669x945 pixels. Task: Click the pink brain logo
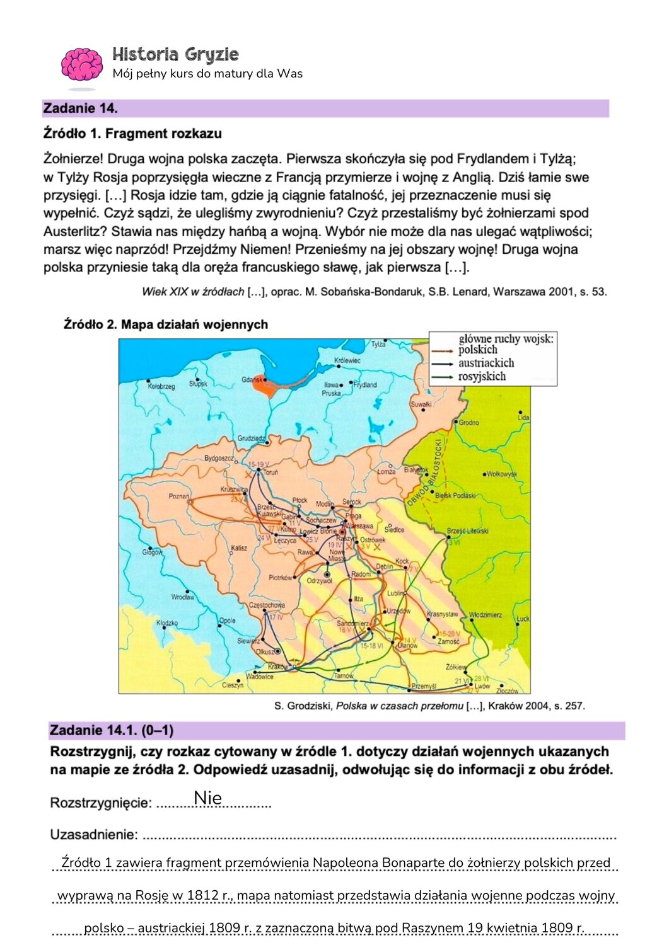click(81, 64)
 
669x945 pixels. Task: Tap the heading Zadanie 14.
click(80, 108)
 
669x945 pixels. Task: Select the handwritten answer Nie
click(207, 798)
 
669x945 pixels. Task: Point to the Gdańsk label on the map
click(252, 380)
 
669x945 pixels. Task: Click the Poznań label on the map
click(179, 496)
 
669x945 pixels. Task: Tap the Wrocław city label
click(182, 597)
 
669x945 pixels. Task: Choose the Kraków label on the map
click(277, 667)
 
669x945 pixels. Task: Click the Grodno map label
click(468, 422)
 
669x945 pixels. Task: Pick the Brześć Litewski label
click(467, 531)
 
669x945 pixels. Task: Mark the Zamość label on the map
click(448, 641)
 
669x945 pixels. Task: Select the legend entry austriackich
click(486, 363)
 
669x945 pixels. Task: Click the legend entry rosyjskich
click(482, 377)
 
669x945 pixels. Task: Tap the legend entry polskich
click(477, 350)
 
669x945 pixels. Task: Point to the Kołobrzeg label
click(161, 386)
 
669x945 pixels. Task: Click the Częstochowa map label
click(267, 605)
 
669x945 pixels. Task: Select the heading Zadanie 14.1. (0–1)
click(112, 730)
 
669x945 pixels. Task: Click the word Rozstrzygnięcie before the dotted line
click(101, 803)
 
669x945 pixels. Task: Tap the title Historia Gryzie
click(175, 54)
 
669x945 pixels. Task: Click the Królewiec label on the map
click(347, 360)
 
